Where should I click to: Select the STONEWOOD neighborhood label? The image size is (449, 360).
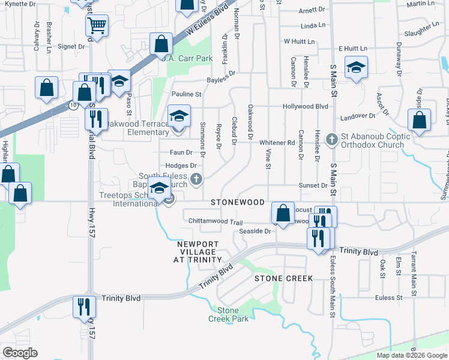tap(238, 203)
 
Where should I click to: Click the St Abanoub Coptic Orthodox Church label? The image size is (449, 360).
tap(376, 140)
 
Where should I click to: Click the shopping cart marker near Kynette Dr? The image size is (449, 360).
tap(96, 26)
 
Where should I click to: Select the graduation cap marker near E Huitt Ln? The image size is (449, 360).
tap(355, 67)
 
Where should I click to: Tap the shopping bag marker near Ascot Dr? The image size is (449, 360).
tap(419, 119)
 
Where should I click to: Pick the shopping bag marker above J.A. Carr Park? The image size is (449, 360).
tap(161, 43)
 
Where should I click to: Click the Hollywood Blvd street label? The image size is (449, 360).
tap(306, 106)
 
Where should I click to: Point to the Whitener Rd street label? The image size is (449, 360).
tap(277, 142)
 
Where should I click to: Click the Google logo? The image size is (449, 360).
tap(20, 353)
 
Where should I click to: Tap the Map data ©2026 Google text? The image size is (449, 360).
tap(412, 355)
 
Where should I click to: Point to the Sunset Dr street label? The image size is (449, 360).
tap(315, 186)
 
